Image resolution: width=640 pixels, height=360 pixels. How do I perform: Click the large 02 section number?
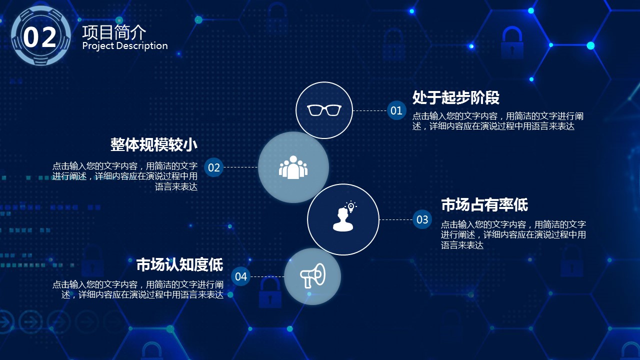[39, 37]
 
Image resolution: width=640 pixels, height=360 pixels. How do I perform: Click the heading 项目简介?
[114, 32]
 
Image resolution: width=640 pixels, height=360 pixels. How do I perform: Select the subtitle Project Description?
[125, 45]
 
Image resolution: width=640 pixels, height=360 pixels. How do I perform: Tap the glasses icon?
[324, 110]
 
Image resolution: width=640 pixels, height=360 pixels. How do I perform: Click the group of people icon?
[293, 167]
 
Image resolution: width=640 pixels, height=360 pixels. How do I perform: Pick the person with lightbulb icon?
[344, 216]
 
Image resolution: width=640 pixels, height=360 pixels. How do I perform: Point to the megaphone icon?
[312, 275]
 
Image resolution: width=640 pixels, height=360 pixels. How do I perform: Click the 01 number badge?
[396, 110]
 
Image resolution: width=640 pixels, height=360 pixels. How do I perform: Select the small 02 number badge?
[213, 167]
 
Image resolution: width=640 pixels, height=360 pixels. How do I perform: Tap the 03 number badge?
[422, 219]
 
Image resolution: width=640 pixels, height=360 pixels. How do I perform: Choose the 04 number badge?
[240, 276]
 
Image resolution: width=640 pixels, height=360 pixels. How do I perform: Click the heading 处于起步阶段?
[455, 97]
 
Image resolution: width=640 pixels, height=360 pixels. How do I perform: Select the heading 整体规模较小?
[153, 144]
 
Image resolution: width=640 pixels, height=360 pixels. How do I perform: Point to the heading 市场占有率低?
[484, 205]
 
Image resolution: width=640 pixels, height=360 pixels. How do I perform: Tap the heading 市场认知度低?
[179, 264]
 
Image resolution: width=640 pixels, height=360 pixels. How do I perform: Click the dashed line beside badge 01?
[369, 110]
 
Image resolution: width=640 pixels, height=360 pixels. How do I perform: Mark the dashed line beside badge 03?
[396, 219]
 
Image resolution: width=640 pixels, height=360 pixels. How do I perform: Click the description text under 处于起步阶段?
[497, 121]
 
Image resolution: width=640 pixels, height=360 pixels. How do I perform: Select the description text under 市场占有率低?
[513, 234]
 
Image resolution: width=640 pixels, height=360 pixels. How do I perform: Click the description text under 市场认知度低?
[137, 289]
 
